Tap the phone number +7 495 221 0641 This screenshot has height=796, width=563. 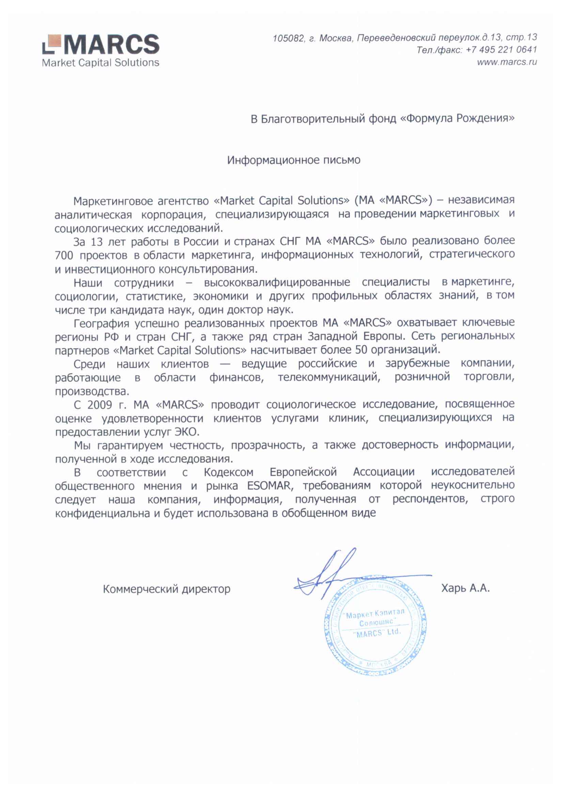(x=501, y=50)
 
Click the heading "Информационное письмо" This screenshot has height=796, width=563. (x=294, y=160)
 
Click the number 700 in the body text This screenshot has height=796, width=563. (x=64, y=256)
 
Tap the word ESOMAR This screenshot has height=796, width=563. (x=268, y=486)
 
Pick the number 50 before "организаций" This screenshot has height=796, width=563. (x=361, y=350)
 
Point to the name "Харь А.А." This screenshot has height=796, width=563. (x=465, y=588)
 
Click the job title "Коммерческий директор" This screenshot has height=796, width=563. (x=167, y=589)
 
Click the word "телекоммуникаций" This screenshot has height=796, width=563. (x=329, y=377)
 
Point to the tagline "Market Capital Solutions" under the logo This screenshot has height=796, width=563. (x=100, y=63)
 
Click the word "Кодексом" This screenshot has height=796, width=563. (x=229, y=472)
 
